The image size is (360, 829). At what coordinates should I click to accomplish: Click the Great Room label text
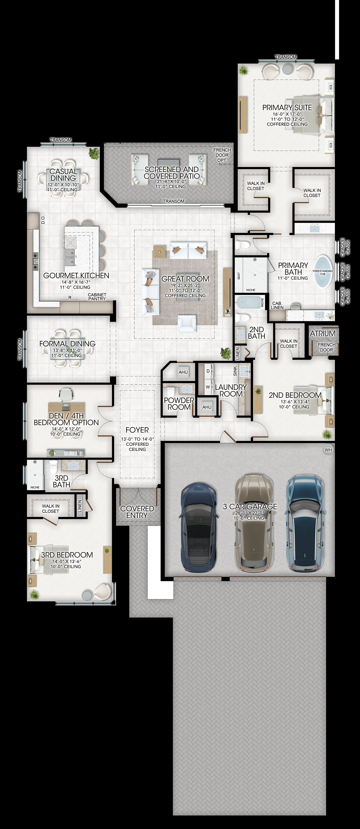click(x=185, y=279)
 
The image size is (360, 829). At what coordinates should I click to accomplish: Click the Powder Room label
click(x=179, y=404)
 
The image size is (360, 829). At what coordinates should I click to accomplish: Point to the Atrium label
click(x=323, y=333)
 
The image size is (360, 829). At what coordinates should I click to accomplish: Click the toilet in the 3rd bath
click(x=53, y=467)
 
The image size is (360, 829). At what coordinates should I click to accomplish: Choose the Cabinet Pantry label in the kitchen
click(x=97, y=296)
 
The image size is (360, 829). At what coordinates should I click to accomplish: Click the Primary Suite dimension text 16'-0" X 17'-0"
click(x=287, y=114)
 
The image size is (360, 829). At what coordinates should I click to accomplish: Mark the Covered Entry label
click(x=137, y=512)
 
